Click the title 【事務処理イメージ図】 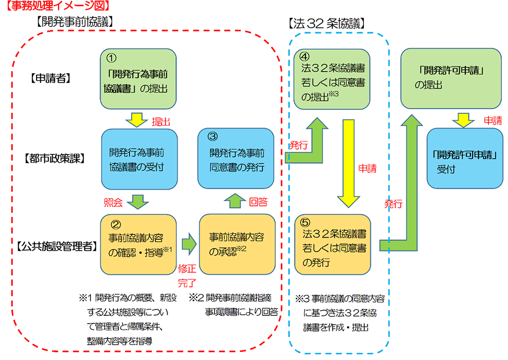click(57, 7)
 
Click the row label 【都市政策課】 click(54, 158)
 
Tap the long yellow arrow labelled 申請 click(348, 162)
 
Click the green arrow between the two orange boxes click(188, 244)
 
